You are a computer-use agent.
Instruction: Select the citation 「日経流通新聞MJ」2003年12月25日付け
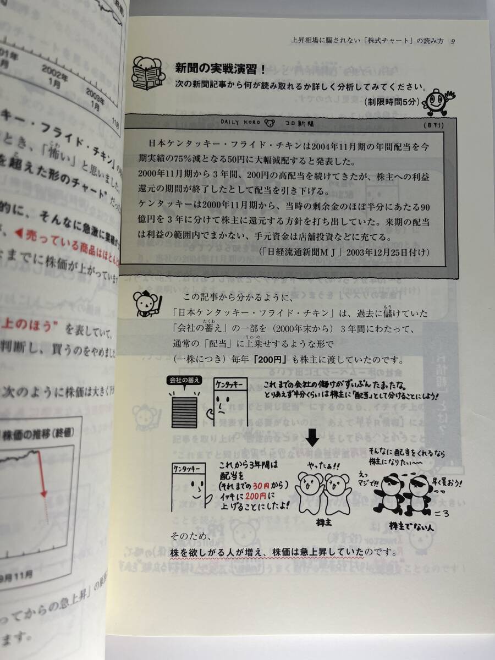343,251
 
